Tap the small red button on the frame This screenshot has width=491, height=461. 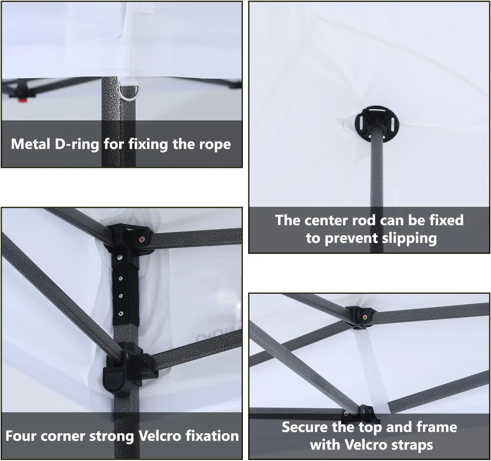23,100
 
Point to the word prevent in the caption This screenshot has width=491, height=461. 351,239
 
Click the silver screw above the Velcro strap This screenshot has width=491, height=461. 120,257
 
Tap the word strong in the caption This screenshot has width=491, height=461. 112,436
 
